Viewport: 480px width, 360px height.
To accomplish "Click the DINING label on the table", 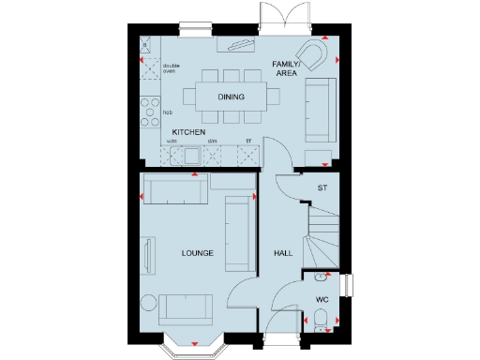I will click(231, 96).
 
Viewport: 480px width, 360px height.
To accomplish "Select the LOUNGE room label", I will click(198, 253).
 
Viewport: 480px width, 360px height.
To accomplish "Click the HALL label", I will click(283, 253).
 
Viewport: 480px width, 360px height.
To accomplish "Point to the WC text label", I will click(322, 300).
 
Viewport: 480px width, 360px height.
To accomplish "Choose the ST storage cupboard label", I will click(322, 188).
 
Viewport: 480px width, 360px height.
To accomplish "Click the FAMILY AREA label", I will click(285, 67).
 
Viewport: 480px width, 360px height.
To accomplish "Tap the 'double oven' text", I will click(170, 67).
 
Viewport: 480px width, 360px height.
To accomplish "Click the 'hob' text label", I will click(168, 112).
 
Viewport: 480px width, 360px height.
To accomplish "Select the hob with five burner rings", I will click(150, 112).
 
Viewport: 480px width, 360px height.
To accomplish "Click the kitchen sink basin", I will click(193, 156).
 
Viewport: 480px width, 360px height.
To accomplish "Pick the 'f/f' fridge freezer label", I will click(247, 142).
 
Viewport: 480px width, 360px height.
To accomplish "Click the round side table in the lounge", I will click(147, 302).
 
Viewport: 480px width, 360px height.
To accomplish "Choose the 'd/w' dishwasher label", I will click(213, 142).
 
